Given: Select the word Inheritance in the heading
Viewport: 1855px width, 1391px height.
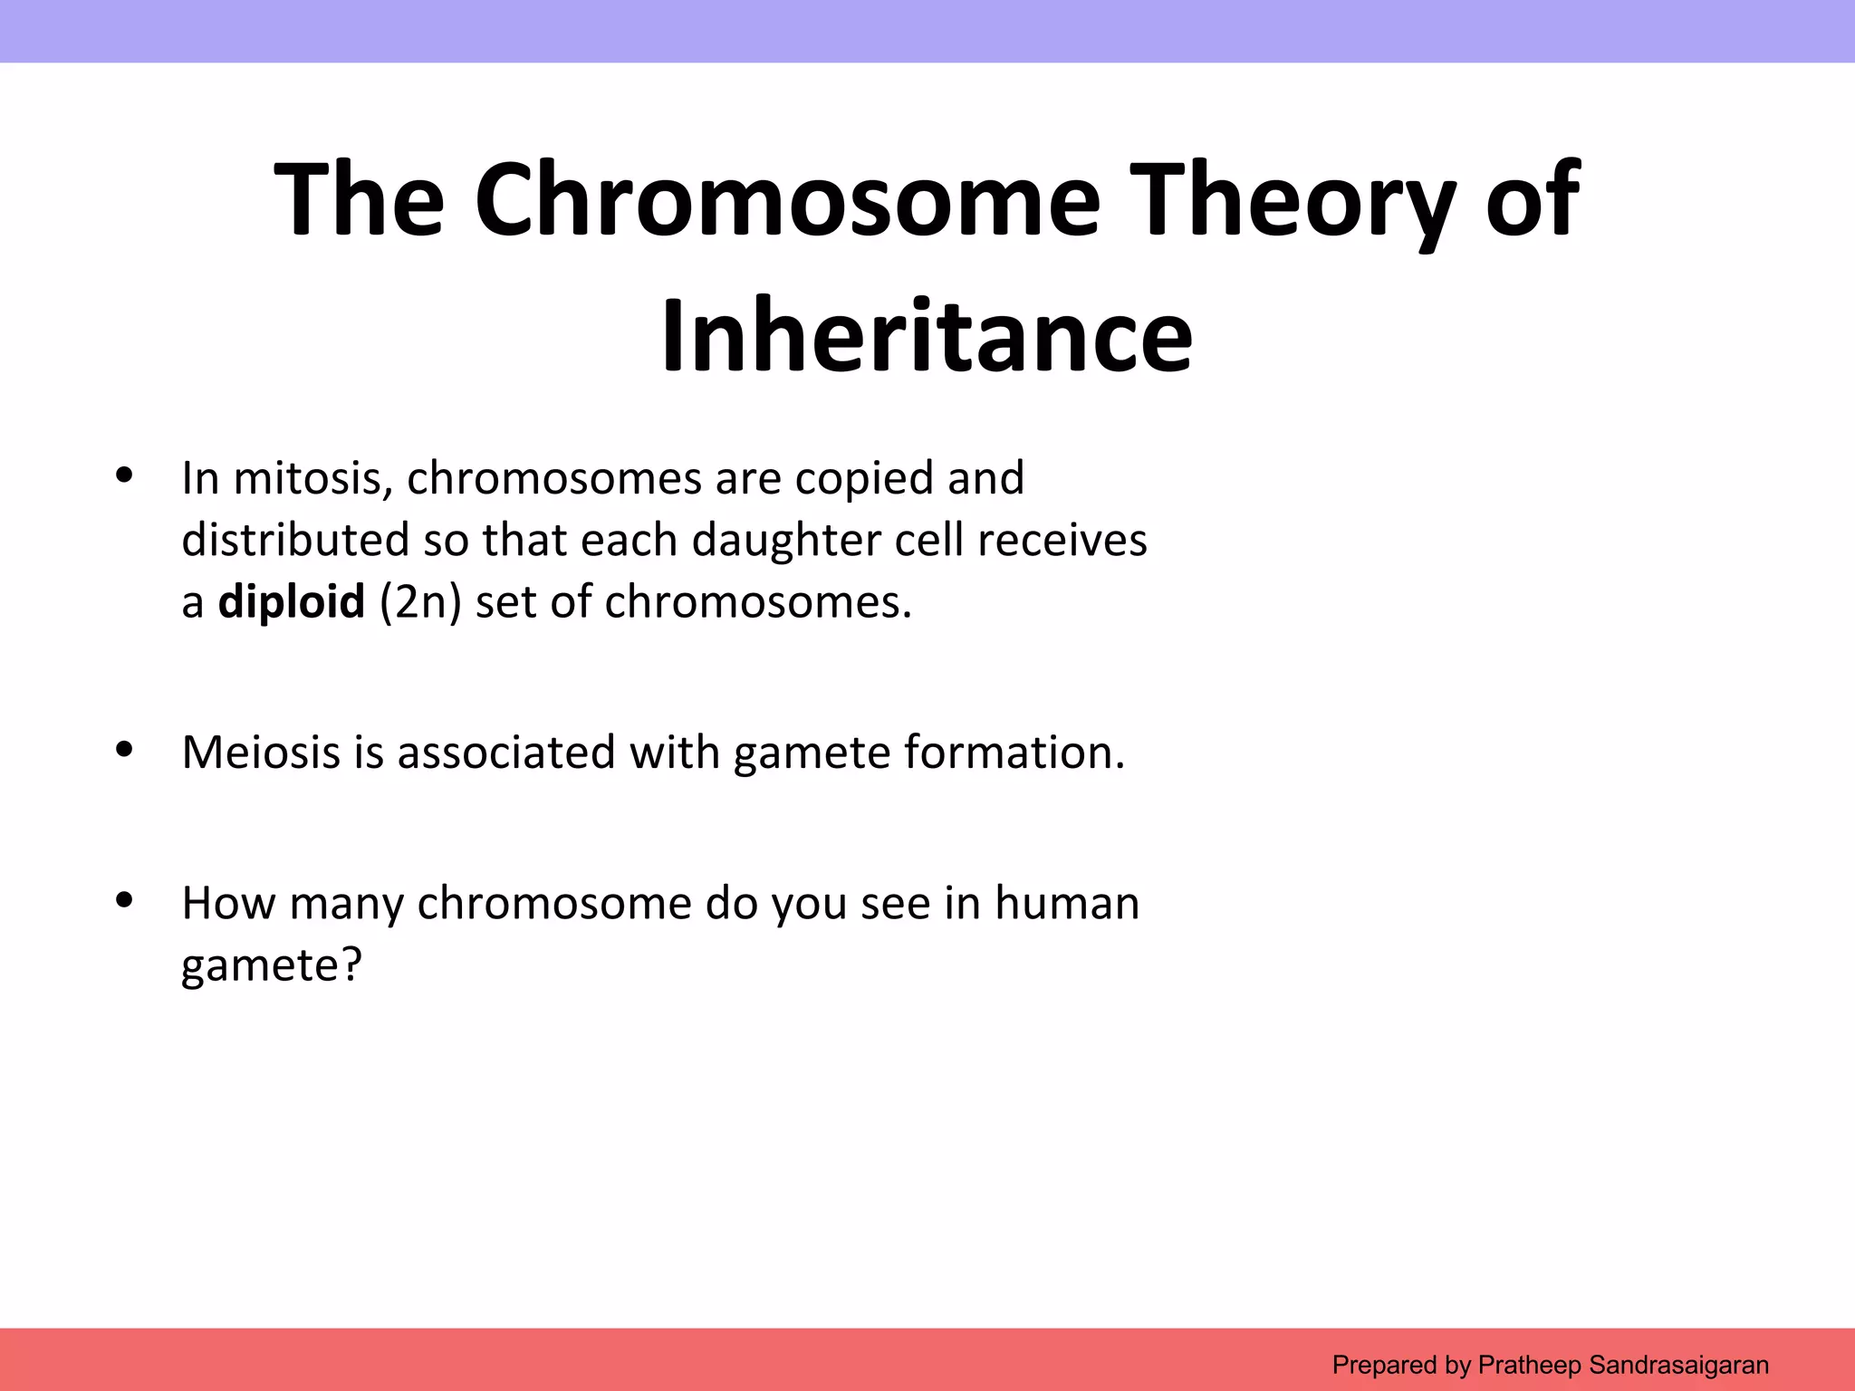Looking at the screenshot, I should (x=927, y=335).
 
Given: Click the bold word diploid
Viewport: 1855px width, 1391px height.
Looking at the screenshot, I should (x=291, y=601).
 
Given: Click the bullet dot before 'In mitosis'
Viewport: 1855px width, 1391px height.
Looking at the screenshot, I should (x=125, y=475).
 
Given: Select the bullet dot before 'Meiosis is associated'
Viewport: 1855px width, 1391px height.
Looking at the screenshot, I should (x=125, y=749).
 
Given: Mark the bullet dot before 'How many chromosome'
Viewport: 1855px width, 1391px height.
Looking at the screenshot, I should (x=125, y=900).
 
